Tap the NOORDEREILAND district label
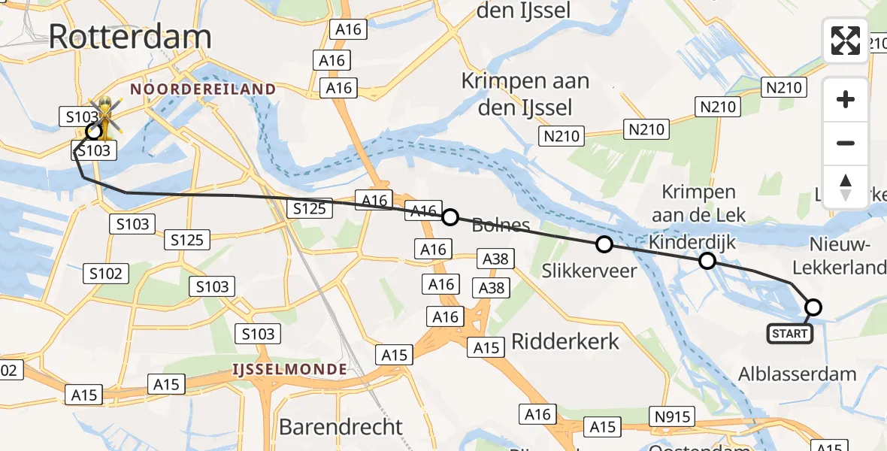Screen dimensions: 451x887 click(203, 89)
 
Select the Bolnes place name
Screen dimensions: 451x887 click(501, 225)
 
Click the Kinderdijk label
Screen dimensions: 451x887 click(692, 243)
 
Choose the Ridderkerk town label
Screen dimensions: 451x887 click(565, 341)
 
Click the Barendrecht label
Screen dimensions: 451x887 click(341, 427)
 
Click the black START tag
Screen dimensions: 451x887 click(790, 334)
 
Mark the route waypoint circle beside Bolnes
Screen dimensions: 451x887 click(450, 218)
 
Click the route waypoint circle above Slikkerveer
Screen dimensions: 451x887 click(604, 244)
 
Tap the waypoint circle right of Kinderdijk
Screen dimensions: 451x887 click(707, 261)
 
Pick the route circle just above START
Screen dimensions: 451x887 click(813, 307)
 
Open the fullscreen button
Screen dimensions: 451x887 click(846, 40)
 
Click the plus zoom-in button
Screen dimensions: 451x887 click(846, 99)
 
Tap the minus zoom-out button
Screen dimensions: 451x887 click(846, 143)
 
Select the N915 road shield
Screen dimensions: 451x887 click(671, 416)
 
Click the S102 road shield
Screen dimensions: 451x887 click(105, 274)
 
